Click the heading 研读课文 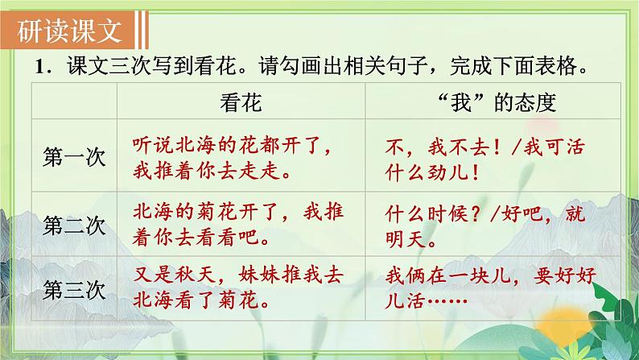[71, 31]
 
